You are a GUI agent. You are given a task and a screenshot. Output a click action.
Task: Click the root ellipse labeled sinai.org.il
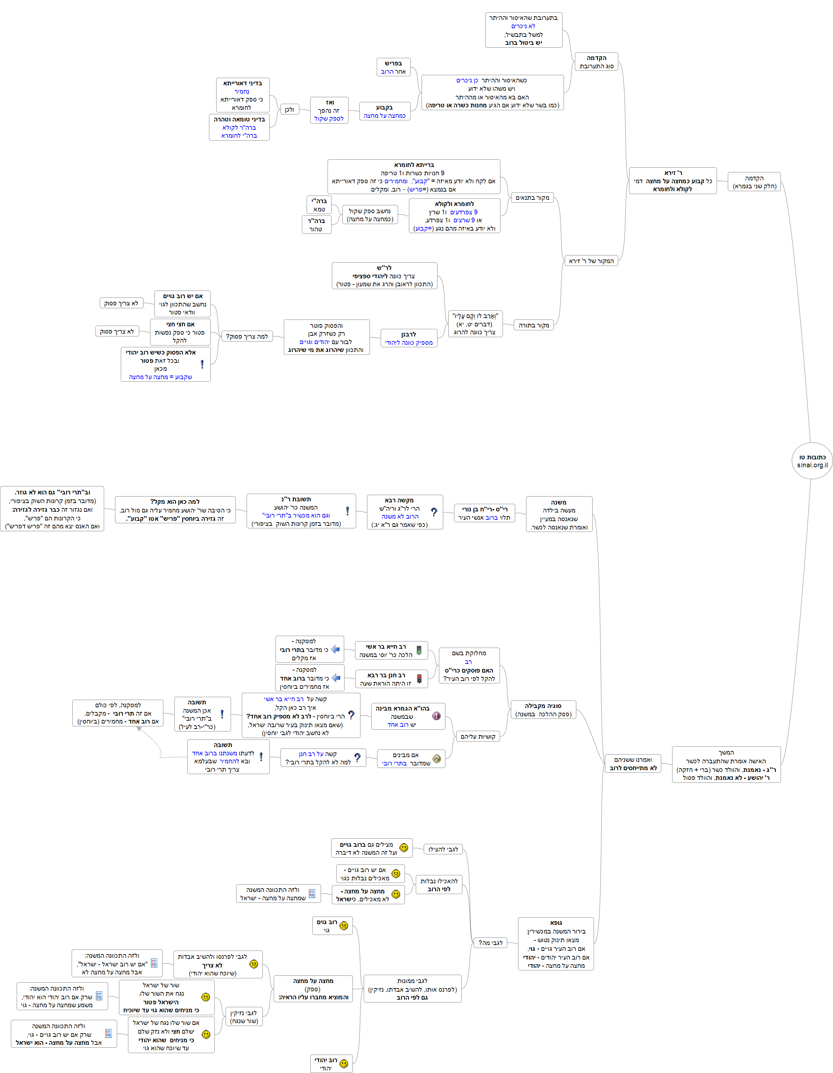coord(812,461)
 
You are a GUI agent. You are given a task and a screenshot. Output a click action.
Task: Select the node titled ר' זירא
coord(672,181)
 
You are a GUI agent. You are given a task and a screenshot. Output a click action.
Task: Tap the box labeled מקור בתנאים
coord(532,197)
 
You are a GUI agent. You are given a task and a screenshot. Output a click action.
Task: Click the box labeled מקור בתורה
coord(533,325)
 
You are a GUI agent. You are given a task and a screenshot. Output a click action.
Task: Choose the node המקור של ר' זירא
coord(591,261)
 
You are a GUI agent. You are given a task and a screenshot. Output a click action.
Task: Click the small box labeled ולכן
coord(290,110)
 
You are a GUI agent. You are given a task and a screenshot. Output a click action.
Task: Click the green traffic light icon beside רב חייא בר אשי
coord(419,651)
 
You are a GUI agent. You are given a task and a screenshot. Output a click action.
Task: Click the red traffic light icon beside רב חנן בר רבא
coord(419,679)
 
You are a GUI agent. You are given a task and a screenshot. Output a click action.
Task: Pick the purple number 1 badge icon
coord(436,716)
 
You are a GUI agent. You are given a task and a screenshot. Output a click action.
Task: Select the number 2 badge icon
coord(437,759)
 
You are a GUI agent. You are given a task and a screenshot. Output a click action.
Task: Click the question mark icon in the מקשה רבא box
coord(434,512)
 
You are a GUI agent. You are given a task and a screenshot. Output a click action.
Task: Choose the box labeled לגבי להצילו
coord(443,849)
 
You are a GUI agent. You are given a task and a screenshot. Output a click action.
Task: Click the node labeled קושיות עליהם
coord(477,736)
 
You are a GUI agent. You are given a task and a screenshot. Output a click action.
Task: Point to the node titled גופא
coord(555,943)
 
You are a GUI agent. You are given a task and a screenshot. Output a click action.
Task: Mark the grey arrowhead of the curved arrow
coord(140,729)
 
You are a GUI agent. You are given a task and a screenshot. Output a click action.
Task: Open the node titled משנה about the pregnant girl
coord(559,514)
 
